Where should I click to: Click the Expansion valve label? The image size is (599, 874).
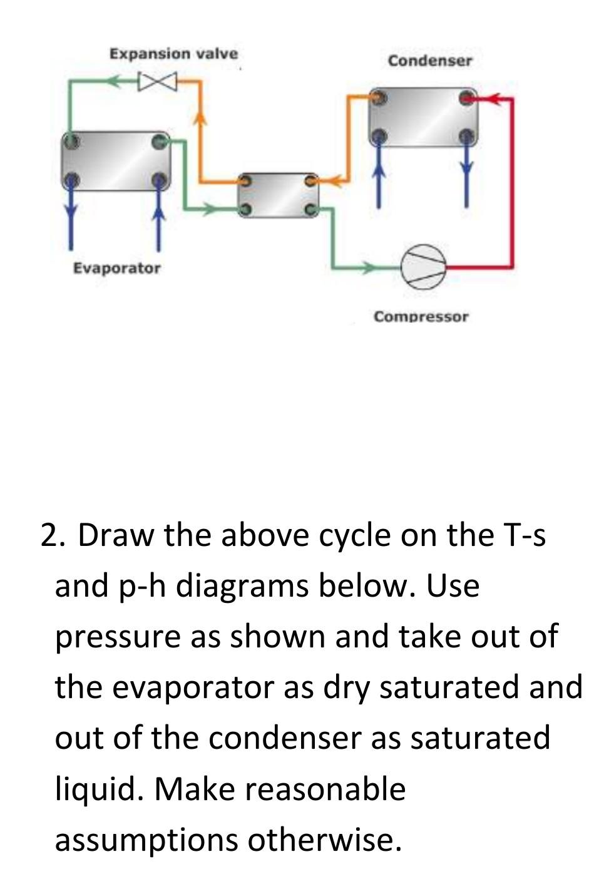point(173,54)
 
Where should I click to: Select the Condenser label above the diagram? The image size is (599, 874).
point(429,61)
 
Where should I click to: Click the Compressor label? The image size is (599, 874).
point(421,317)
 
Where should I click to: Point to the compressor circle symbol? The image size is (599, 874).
point(424,267)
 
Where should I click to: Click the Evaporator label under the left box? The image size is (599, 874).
point(116,269)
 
